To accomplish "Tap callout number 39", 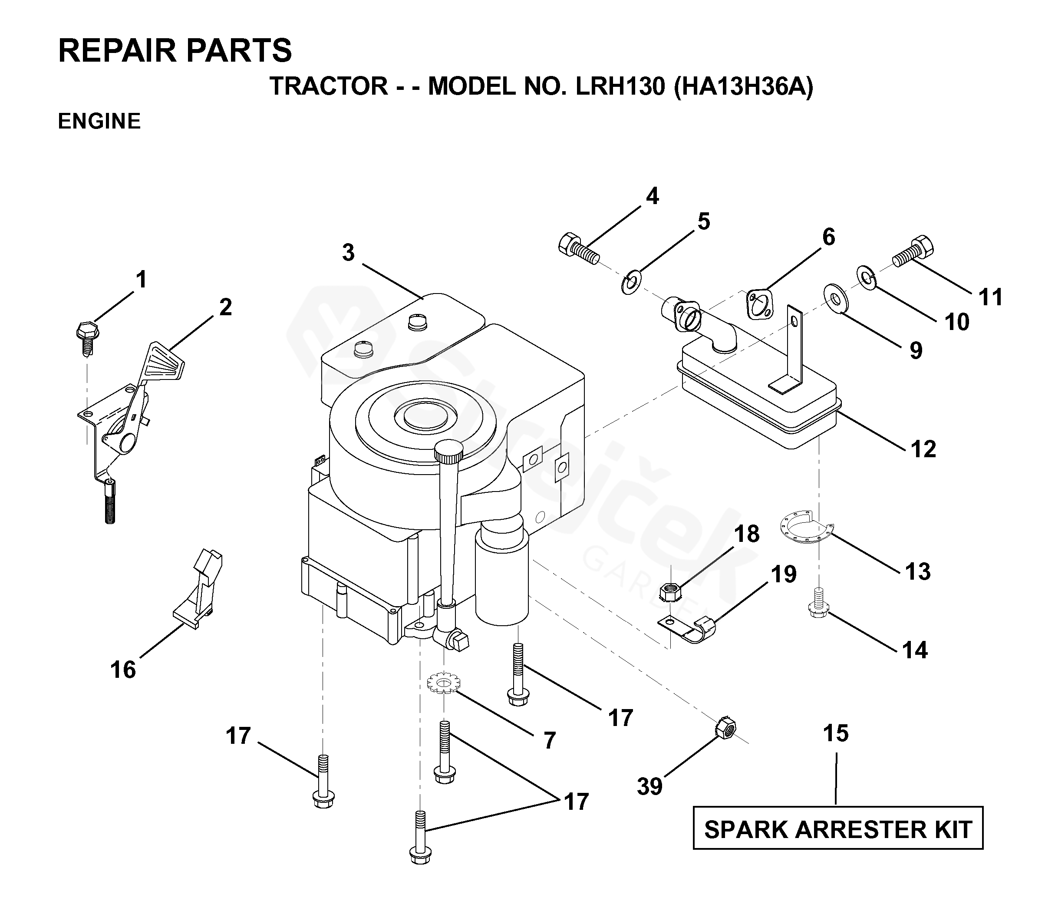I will click(649, 787).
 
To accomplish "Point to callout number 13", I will click(918, 572).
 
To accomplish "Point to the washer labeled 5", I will click(633, 283).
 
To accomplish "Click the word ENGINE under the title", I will click(99, 122).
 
